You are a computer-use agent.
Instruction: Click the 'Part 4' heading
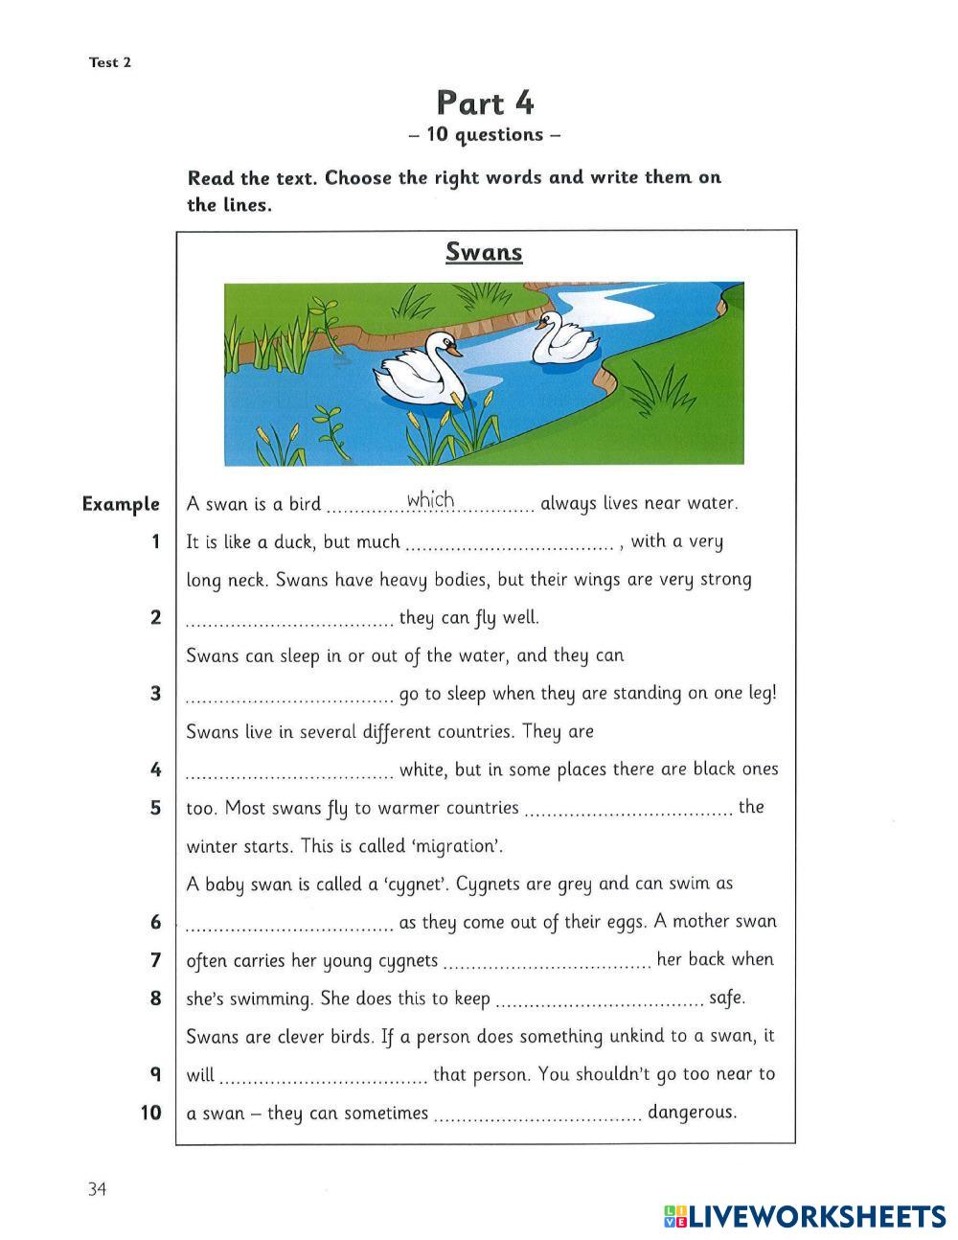click(485, 103)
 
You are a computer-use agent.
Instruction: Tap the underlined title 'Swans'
click(484, 252)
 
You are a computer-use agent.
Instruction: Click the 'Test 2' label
click(110, 63)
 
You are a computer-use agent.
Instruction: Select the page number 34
click(97, 1189)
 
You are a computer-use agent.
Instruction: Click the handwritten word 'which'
click(430, 499)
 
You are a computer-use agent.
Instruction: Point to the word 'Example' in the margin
click(121, 504)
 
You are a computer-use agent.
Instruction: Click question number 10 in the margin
click(150, 1113)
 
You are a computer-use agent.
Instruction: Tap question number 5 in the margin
click(155, 808)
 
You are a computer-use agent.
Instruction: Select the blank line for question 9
click(324, 1080)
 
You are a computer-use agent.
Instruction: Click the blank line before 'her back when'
click(548, 966)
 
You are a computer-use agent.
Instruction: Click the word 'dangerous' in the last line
click(692, 1113)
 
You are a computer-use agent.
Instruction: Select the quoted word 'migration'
click(461, 847)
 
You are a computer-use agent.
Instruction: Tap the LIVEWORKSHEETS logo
click(805, 1216)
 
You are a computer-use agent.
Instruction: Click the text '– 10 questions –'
click(484, 135)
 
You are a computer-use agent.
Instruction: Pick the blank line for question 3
click(289, 700)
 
